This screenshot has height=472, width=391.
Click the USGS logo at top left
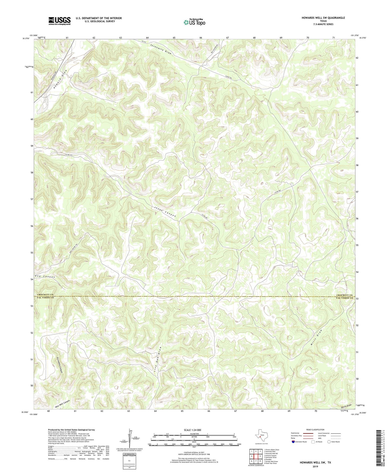click(60, 21)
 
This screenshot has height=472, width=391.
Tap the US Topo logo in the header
click(194, 22)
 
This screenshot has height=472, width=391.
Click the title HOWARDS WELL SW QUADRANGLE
click(323, 18)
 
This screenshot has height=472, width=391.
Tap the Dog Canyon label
click(45, 277)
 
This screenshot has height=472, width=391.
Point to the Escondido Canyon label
click(60, 365)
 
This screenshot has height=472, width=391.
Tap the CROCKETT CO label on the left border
click(45, 294)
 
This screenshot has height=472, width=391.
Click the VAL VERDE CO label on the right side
click(344, 298)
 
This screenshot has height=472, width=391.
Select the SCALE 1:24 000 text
click(192, 430)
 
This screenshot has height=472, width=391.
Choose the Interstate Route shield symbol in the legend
click(293, 442)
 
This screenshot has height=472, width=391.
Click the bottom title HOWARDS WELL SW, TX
click(315, 463)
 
